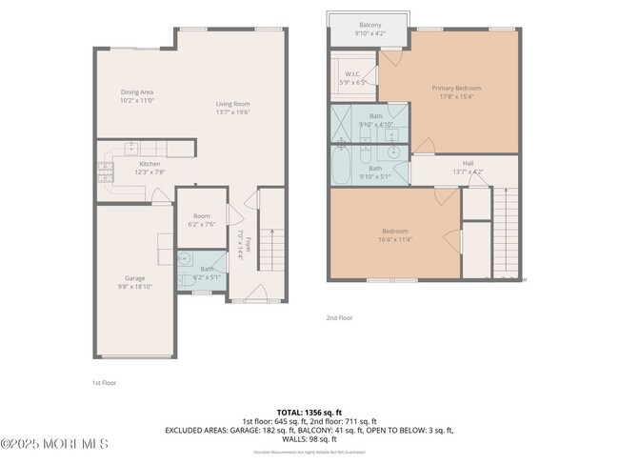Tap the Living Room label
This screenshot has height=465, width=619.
232,108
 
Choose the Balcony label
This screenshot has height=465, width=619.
370,28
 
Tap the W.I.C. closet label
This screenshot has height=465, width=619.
353,78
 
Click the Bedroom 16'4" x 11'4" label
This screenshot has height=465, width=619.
394,235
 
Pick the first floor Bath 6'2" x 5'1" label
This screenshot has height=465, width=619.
207,272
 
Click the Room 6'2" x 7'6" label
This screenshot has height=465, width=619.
201,220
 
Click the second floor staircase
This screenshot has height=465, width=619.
505,229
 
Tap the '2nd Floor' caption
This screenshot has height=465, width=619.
340,317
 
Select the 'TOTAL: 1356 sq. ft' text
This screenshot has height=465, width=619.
309,411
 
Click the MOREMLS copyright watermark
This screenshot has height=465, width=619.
54,444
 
